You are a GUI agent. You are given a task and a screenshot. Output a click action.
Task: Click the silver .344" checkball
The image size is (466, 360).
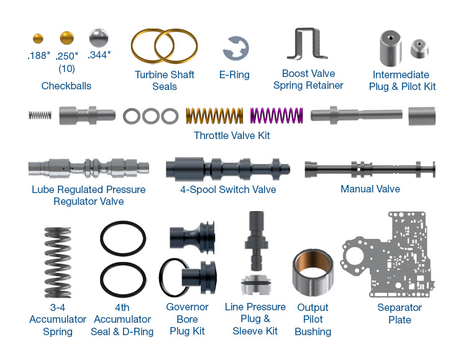98,38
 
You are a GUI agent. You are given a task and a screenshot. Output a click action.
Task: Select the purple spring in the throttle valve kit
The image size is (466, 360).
276,115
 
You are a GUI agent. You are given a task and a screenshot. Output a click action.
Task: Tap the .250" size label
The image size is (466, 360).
66,56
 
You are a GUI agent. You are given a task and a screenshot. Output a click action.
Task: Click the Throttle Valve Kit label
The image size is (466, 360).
232,135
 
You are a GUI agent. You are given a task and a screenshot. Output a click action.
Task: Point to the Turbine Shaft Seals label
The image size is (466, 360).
165,81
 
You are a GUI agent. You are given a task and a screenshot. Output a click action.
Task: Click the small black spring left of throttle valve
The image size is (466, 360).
40,115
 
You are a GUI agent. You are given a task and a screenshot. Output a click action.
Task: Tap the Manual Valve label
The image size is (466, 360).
370,189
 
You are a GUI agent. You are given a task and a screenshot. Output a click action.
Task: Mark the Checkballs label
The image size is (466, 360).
66,86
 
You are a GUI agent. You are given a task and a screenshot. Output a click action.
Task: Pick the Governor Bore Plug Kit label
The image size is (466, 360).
187,319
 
